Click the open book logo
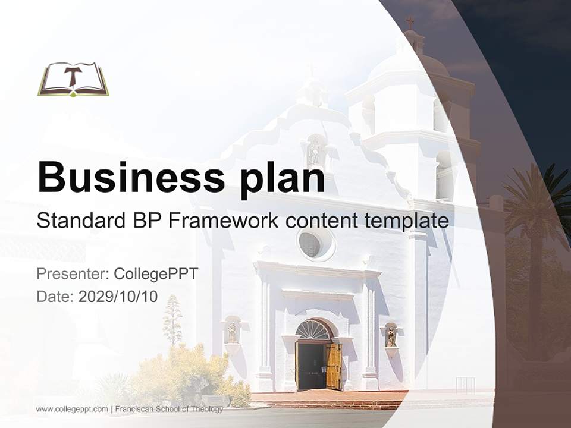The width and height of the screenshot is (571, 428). pos(73,79)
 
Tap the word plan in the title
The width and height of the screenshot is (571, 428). pos(283,178)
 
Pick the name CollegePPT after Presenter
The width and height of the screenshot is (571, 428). pos(155,274)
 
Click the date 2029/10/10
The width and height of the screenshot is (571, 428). pos(118,297)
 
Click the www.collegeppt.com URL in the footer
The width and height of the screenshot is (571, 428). pos(72,409)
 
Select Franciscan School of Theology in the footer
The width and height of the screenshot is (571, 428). pos(169,409)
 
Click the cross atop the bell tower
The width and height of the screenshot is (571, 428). pos(410,23)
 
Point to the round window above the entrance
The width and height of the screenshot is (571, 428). pos(310,244)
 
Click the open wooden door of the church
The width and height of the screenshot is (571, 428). pos(333,365)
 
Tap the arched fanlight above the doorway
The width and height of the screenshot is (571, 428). pos(313,330)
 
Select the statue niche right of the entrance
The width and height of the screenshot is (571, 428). pos(391,336)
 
